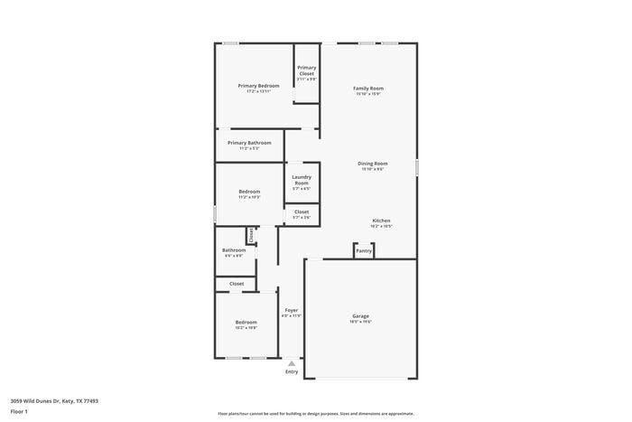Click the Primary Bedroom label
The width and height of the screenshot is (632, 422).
pyautogui.click(x=258, y=86)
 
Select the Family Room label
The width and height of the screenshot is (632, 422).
pyautogui.click(x=368, y=89)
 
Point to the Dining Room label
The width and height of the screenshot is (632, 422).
pyautogui.click(x=373, y=164)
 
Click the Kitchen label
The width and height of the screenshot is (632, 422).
pyautogui.click(x=382, y=220)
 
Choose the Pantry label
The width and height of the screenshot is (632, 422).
pyautogui.click(x=364, y=251)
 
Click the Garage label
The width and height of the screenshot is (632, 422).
pyautogui.click(x=361, y=315)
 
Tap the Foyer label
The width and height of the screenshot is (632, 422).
pyautogui.click(x=291, y=310)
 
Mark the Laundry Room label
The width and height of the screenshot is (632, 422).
pyautogui.click(x=301, y=180)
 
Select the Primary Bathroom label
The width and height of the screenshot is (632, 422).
pyautogui.click(x=249, y=143)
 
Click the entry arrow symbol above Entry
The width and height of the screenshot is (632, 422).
pyautogui.click(x=291, y=363)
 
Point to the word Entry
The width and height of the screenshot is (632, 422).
pyautogui.click(x=291, y=371)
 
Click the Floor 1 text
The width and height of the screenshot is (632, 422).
pyautogui.click(x=20, y=411)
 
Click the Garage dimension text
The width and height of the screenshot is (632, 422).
pyautogui.click(x=361, y=322)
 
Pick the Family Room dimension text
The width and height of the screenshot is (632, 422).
pyautogui.click(x=368, y=94)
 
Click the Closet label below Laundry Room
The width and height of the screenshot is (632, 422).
pyautogui.click(x=301, y=211)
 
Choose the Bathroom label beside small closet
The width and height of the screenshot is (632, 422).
pyautogui.click(x=234, y=250)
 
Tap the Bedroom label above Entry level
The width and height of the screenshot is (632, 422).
pyautogui.click(x=246, y=322)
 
